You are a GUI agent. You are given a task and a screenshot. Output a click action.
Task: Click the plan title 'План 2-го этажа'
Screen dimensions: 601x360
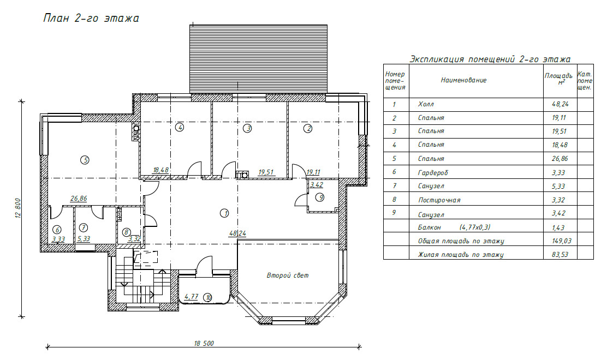pos(91,19)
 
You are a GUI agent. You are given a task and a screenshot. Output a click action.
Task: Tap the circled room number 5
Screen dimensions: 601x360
pos(85,160)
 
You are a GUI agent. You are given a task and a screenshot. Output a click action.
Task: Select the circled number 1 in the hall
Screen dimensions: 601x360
pos(224,213)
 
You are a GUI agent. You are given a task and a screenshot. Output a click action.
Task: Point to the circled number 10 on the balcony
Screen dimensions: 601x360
pos(208,298)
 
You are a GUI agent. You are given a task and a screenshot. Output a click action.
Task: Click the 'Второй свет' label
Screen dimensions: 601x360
pos(288,275)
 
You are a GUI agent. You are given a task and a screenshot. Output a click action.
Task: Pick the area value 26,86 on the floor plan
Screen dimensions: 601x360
pos(79,199)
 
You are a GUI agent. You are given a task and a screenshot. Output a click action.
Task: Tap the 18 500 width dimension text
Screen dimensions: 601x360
pos(204,344)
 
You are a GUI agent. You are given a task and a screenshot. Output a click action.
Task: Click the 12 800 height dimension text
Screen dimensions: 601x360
pos(19,208)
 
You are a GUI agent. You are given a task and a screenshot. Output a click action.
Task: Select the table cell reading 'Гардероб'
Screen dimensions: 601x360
pos(433,173)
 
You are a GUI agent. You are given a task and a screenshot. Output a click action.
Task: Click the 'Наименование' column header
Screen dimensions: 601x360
pos(463,80)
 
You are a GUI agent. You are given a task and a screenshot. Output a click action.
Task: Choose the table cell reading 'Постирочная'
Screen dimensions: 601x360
pos(439,200)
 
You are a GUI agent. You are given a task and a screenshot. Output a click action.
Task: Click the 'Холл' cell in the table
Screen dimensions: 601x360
pos(426,104)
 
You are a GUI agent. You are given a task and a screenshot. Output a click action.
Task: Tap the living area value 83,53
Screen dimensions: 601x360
pos(560,254)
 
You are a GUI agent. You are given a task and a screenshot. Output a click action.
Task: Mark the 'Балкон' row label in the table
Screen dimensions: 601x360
pos(429,227)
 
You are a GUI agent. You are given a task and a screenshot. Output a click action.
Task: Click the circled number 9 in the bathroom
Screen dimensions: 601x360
pos(320,197)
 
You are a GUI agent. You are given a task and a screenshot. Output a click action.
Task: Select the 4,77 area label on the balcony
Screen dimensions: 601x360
pos(191,296)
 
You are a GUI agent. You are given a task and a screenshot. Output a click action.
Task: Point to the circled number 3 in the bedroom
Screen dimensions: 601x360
pos(248,128)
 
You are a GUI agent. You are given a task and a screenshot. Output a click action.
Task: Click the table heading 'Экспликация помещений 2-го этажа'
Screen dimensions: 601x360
pos(490,59)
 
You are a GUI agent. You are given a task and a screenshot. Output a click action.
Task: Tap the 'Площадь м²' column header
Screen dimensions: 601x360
pos(558,79)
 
